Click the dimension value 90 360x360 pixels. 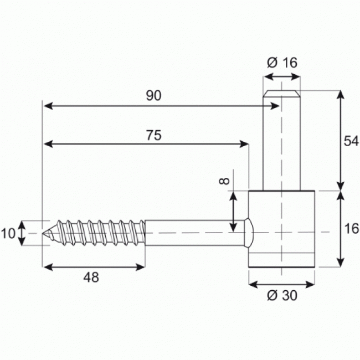pos(153,95)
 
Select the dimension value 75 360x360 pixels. pos(155,136)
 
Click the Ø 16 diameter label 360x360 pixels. pos(281,63)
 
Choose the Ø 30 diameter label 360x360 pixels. pos(282,296)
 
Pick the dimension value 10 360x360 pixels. pos(8,233)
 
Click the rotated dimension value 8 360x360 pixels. pos(224,182)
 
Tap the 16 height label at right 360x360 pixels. pos(351,228)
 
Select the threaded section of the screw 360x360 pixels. pos(100,233)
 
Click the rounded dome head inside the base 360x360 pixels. pos(249,233)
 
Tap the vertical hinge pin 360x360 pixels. pos(281,144)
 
